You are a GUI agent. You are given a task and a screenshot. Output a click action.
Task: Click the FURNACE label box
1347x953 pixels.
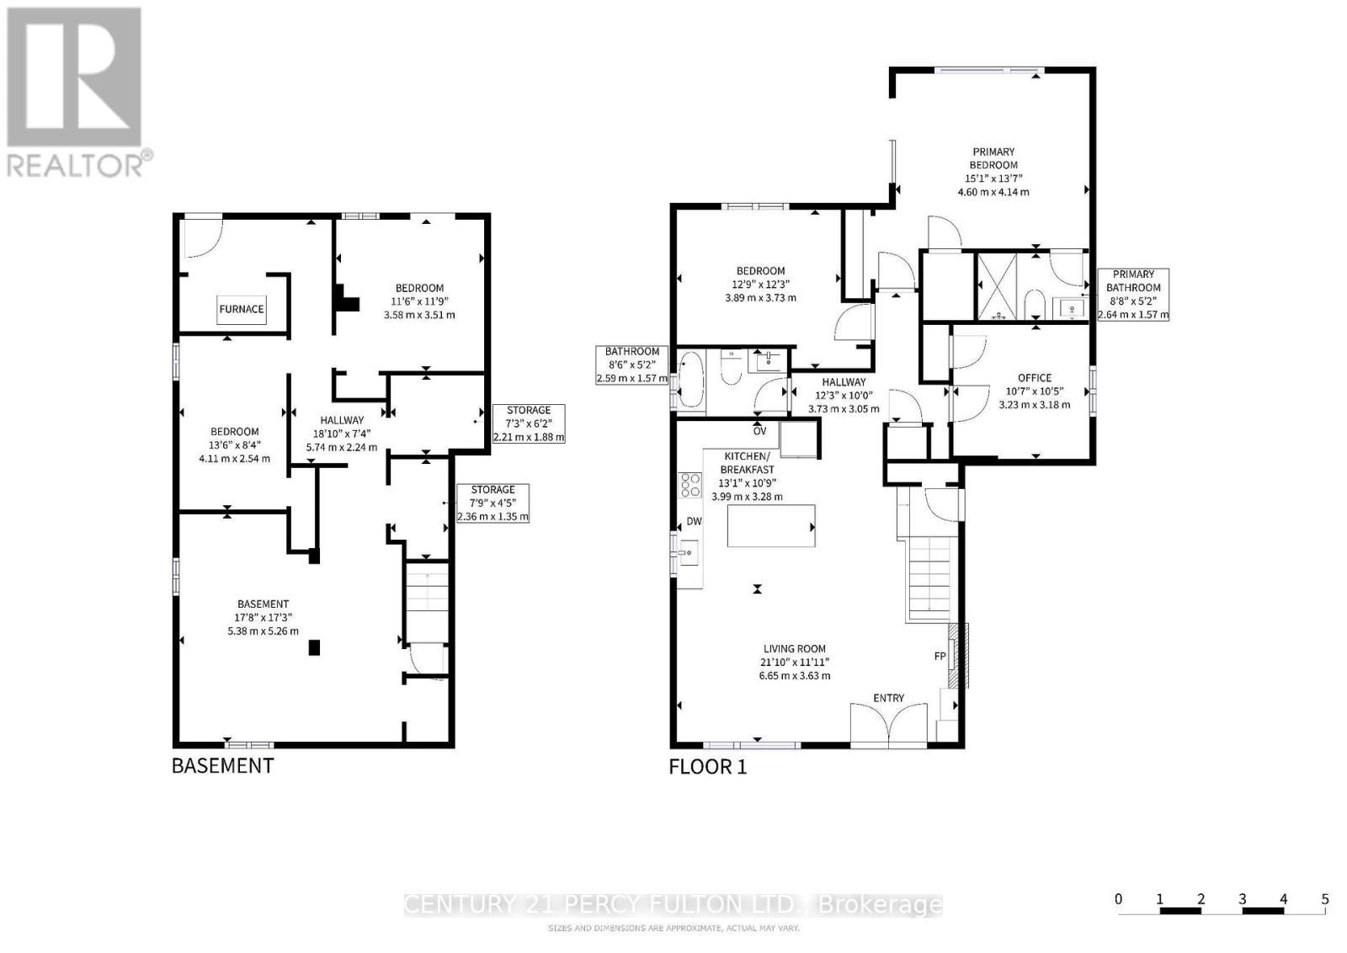(242, 309)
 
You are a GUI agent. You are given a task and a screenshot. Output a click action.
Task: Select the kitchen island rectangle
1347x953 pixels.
(771, 526)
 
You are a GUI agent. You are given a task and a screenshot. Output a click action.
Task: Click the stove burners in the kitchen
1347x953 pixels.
(690, 486)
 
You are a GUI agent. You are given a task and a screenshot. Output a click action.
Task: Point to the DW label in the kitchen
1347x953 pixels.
(694, 522)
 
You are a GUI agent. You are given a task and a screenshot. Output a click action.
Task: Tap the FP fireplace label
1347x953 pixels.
(940, 657)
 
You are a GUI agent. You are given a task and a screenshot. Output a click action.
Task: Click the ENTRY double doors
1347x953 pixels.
(889, 723)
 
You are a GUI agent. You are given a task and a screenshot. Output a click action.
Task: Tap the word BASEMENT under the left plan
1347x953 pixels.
(222, 765)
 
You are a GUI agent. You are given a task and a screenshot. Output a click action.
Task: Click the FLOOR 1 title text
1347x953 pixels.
(707, 767)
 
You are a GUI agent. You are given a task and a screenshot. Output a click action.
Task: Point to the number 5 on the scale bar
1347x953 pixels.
(1324, 899)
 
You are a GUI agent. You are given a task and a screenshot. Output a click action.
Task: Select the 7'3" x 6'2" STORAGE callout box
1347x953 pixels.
(529, 423)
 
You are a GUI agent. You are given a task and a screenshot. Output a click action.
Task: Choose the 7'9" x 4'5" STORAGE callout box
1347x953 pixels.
(492, 503)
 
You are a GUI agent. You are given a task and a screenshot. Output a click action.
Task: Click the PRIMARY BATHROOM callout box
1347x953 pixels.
(1133, 295)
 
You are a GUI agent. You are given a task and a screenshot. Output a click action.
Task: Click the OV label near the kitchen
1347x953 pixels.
(759, 431)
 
